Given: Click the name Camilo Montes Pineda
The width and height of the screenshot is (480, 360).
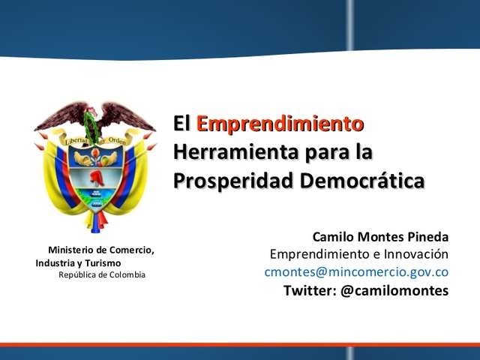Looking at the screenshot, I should pos(380,236).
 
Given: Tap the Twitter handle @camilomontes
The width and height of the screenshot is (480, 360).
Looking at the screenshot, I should pos(394,289).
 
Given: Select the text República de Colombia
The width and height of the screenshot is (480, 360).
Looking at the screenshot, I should pos(102,275).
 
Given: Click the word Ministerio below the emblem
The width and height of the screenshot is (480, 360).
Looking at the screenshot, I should pos(75,250).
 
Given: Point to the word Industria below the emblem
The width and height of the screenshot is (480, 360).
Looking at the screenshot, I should pos(55,263).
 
